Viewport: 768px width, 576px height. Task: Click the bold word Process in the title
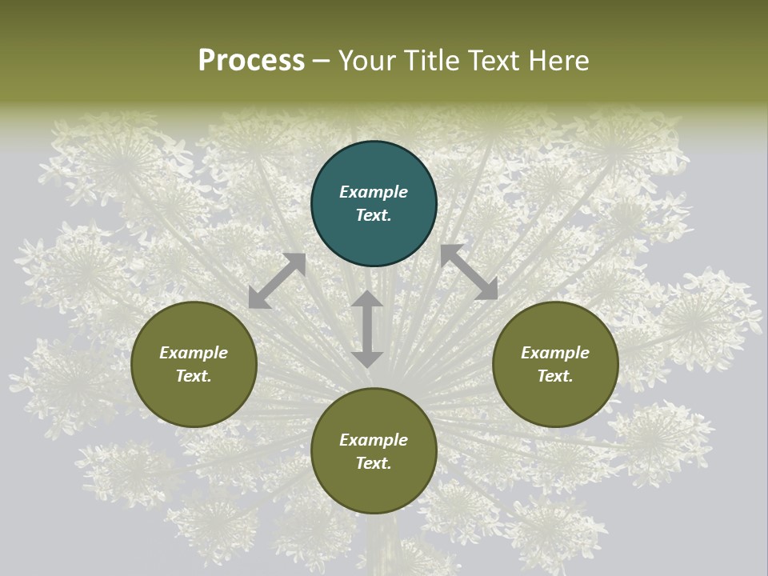click(251, 61)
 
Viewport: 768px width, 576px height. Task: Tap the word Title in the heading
click(434, 61)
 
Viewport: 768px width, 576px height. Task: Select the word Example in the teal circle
click(374, 192)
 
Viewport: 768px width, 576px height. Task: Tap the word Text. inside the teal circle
click(374, 215)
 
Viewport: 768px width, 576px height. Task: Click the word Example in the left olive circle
click(194, 353)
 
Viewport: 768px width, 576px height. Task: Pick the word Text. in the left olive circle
click(194, 376)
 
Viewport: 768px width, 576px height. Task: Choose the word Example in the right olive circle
click(555, 353)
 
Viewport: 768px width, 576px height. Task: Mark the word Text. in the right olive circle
click(555, 376)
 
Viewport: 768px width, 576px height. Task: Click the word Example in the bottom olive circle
click(374, 440)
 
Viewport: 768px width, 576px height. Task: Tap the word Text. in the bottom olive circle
click(374, 463)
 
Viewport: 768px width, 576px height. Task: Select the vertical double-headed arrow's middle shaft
click(367, 329)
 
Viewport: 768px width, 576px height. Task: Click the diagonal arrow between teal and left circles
click(277, 281)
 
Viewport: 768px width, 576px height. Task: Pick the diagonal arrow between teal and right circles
click(470, 273)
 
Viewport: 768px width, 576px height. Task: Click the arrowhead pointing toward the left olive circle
click(258, 299)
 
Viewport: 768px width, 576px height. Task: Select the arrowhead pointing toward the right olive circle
click(488, 291)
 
